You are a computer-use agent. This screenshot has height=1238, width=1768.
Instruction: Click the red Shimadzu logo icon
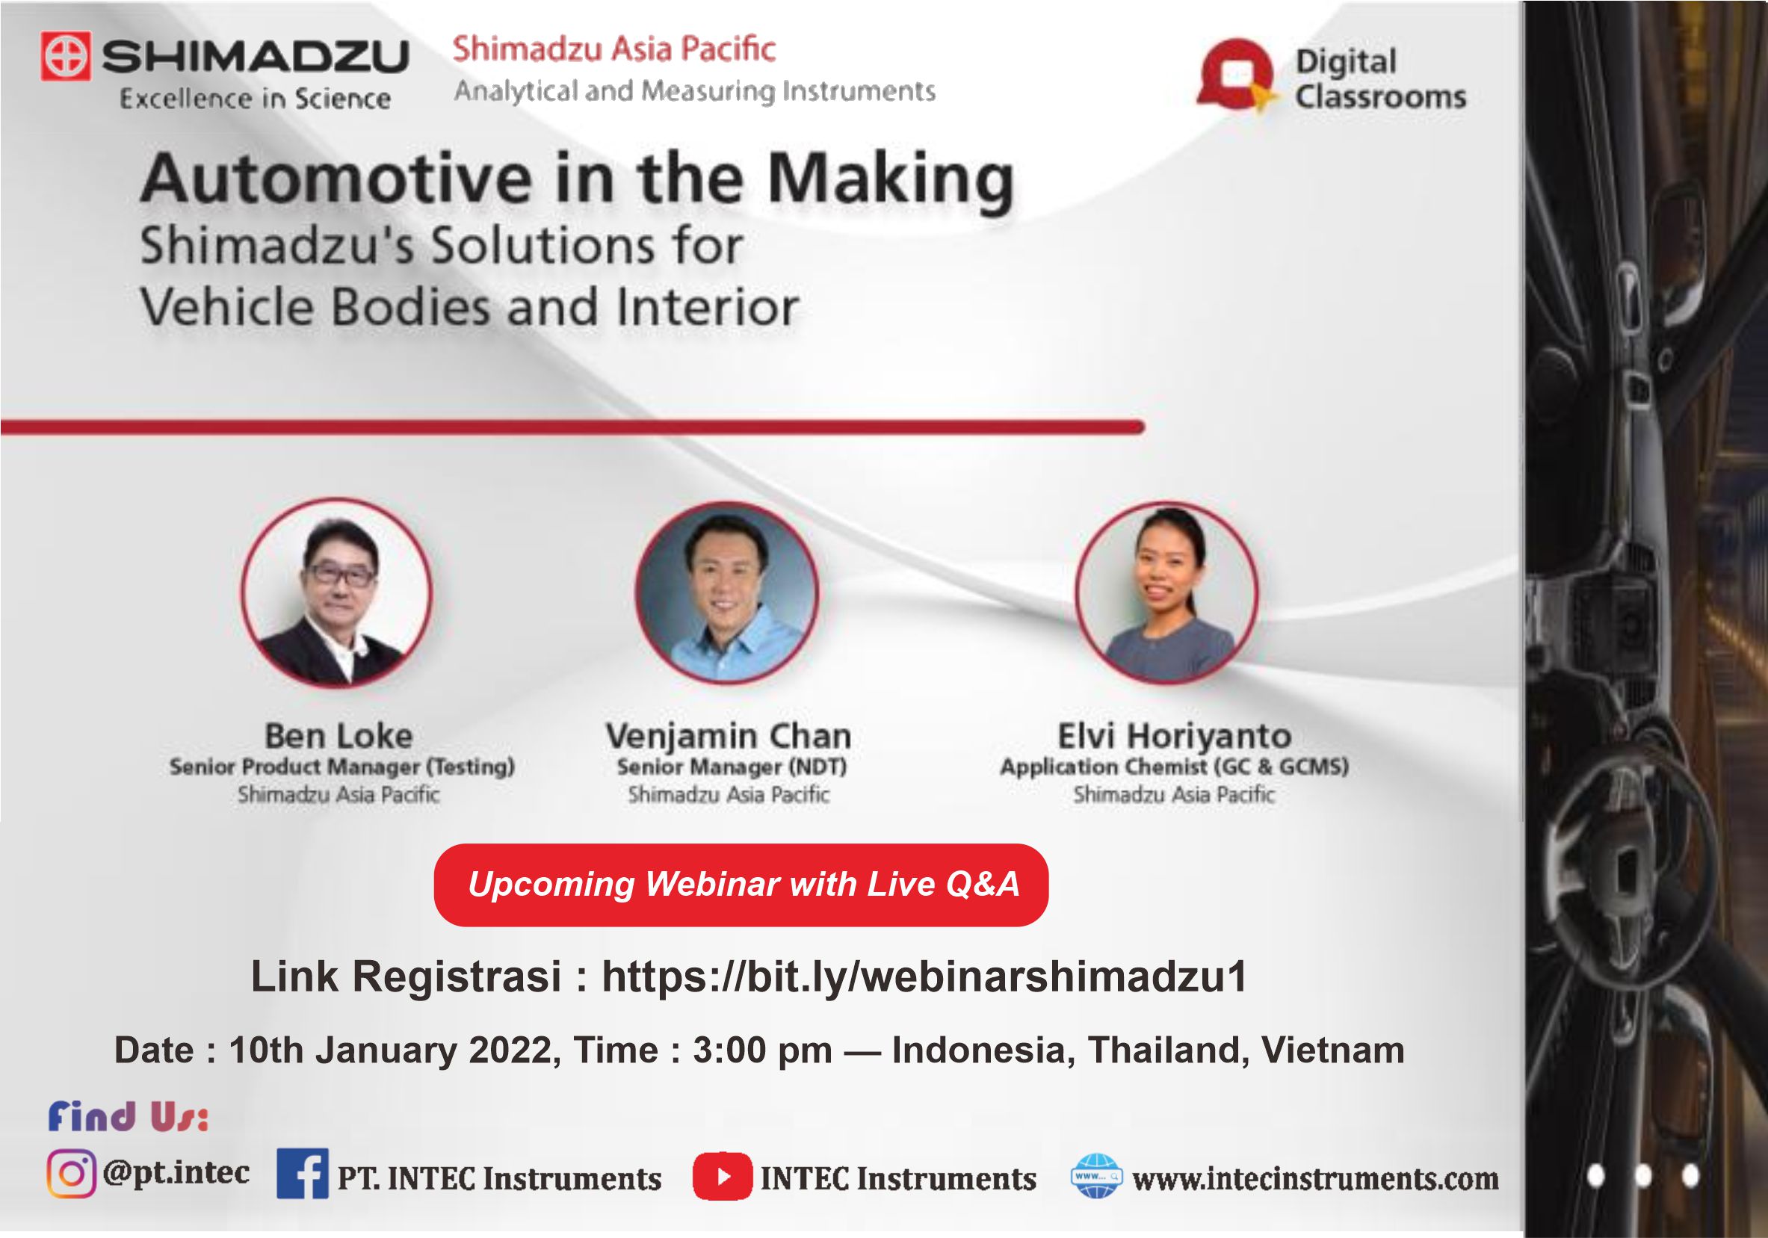67,55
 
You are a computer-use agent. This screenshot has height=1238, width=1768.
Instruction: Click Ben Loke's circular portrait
336,592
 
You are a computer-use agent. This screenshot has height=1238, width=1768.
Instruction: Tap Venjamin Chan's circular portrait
727,592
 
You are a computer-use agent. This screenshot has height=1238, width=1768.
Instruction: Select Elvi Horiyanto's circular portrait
1166,592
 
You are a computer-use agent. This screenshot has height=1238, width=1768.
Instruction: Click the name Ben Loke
339,736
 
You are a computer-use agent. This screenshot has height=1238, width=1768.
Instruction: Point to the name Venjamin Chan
729,737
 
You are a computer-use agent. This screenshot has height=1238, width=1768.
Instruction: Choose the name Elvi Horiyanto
1174,737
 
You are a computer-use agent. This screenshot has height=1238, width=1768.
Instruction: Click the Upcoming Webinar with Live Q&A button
741,885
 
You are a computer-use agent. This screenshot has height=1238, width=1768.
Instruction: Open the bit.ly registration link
925,977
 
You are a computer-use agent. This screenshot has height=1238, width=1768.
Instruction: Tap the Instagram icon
72,1173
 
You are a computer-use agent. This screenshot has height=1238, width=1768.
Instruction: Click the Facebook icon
303,1173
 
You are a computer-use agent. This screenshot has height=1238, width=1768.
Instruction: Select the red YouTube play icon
723,1177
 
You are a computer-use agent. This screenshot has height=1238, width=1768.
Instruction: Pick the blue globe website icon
1095,1176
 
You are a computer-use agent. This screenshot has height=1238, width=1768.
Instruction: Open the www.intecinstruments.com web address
1315,1179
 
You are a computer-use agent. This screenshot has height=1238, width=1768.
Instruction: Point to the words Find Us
129,1117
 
